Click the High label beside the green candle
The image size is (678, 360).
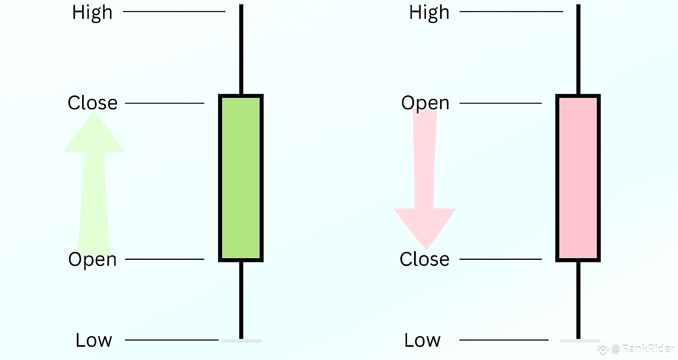coord(92,12)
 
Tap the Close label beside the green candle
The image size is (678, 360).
coord(93,103)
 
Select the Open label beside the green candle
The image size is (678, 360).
coord(93,259)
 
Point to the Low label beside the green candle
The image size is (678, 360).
coord(94,340)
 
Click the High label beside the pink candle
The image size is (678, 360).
coord(429,12)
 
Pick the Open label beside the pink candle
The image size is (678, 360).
coord(425,103)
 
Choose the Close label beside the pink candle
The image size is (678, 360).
coord(424,259)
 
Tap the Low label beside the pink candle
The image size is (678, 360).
coord(422,340)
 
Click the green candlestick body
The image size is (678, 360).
coord(241,178)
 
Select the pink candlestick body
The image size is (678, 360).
coord(578,178)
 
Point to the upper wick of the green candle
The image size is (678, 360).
coord(241,49)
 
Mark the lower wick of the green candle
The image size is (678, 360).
coord(241,300)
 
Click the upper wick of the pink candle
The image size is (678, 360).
coord(578,49)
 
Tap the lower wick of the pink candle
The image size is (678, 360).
coord(578,300)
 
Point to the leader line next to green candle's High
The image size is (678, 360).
coord(174,11)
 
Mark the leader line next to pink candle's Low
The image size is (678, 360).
coord(503,340)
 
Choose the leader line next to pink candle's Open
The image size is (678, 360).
coord(500,103)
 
